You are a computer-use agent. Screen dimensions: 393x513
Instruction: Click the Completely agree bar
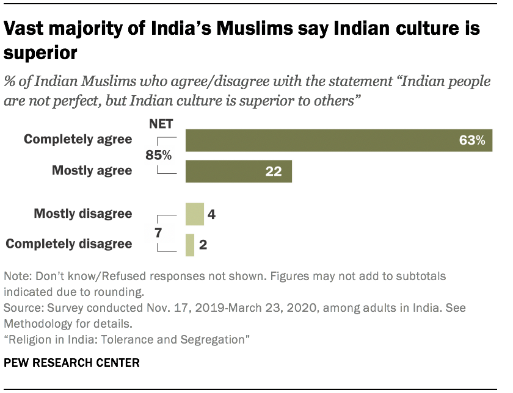click(339, 140)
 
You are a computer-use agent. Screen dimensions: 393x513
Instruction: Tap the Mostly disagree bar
click(194, 214)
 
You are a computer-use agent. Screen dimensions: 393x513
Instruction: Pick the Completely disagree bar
click(190, 245)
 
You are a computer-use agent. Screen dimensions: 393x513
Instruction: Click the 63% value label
click(472, 140)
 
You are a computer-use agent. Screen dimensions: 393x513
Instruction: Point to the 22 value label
click(273, 171)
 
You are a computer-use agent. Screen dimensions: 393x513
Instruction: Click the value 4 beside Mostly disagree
click(211, 214)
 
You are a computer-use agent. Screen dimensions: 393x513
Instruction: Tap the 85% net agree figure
click(158, 156)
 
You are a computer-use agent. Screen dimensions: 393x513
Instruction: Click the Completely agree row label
click(78, 140)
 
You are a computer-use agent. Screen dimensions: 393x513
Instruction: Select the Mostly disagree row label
click(83, 214)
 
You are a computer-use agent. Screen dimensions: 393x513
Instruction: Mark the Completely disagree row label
click(68, 244)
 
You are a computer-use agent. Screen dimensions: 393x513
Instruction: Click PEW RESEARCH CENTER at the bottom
click(71, 363)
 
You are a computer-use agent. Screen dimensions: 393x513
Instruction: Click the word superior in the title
click(41, 54)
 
